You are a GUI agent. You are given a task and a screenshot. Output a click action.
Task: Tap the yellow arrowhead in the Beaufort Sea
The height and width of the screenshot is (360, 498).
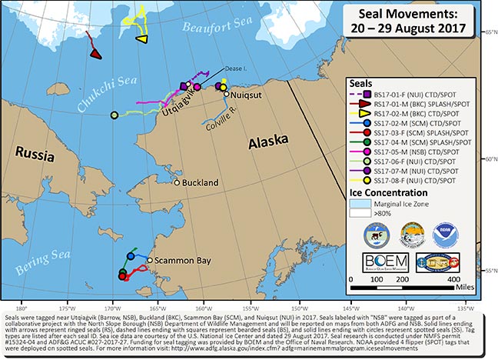[x=141, y=38]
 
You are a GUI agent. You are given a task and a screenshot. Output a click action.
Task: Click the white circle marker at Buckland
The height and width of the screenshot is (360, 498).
[x=177, y=183]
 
